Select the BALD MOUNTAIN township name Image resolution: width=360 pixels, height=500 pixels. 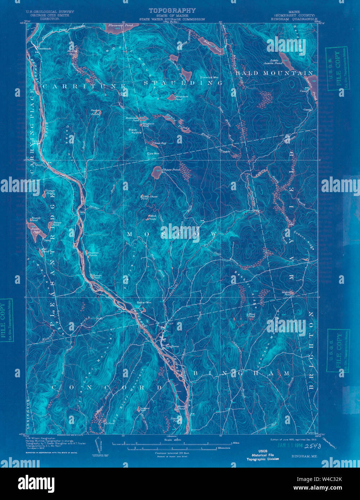(274, 73)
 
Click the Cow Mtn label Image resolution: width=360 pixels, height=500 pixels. (153, 154)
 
